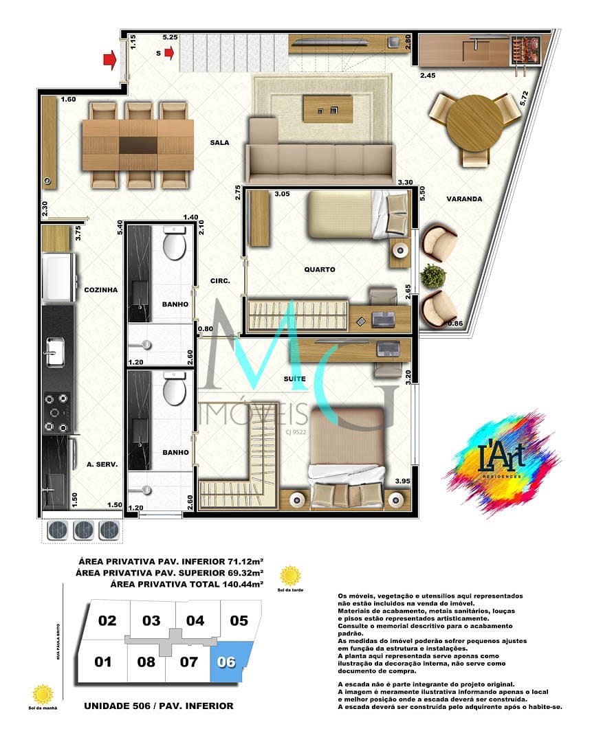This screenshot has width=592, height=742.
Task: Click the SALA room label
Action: pyautogui.click(x=220, y=143)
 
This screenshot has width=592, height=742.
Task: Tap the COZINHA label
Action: pyautogui.click(x=101, y=290)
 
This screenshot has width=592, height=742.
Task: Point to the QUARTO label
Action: pyautogui.click(x=320, y=270)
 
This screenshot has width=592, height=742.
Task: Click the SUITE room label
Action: pyautogui.click(x=295, y=379)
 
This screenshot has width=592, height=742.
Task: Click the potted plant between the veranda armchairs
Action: pyautogui.click(x=433, y=276)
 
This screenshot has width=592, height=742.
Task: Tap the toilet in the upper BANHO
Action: pyautogui.click(x=175, y=246)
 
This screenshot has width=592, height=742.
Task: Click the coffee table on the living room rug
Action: pyautogui.click(x=327, y=109)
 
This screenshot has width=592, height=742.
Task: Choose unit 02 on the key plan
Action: pyautogui.click(x=107, y=621)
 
